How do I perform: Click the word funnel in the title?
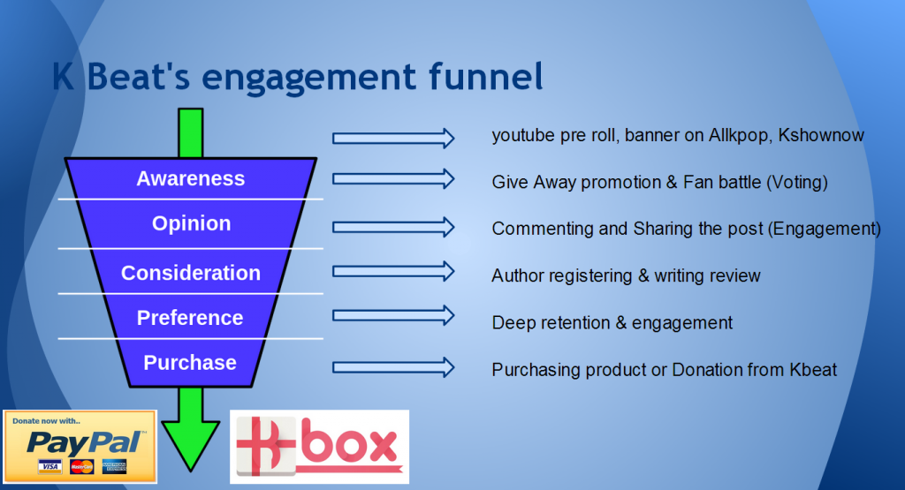[485, 77]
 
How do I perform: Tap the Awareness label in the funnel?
[191, 178]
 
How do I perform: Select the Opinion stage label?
[191, 223]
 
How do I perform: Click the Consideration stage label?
[191, 273]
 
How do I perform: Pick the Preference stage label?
[190, 318]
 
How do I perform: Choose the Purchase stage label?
[190, 363]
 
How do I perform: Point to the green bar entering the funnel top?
[191, 133]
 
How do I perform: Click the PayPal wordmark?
[85, 443]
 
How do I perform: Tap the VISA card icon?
[50, 466]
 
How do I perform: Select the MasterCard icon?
[82, 466]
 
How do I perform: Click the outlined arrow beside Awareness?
[393, 178]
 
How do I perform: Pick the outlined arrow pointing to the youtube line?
[393, 139]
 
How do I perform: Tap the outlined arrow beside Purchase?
[393, 367]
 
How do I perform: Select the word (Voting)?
[797, 182]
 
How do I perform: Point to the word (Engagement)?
[825, 229]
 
